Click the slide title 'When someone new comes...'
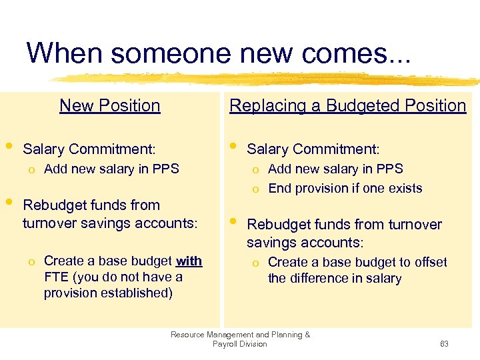tap(219, 53)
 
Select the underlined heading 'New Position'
tap(110, 105)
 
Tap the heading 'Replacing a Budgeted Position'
tap(347, 105)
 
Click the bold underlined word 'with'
tap(189, 261)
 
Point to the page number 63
tap(444, 344)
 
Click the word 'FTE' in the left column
tap(57, 277)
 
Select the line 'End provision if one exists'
tap(345, 188)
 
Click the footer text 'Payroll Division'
tap(240, 344)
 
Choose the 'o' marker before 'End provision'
tap(255, 189)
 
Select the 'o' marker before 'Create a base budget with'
tap(31, 261)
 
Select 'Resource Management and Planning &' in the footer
tap(240, 335)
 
